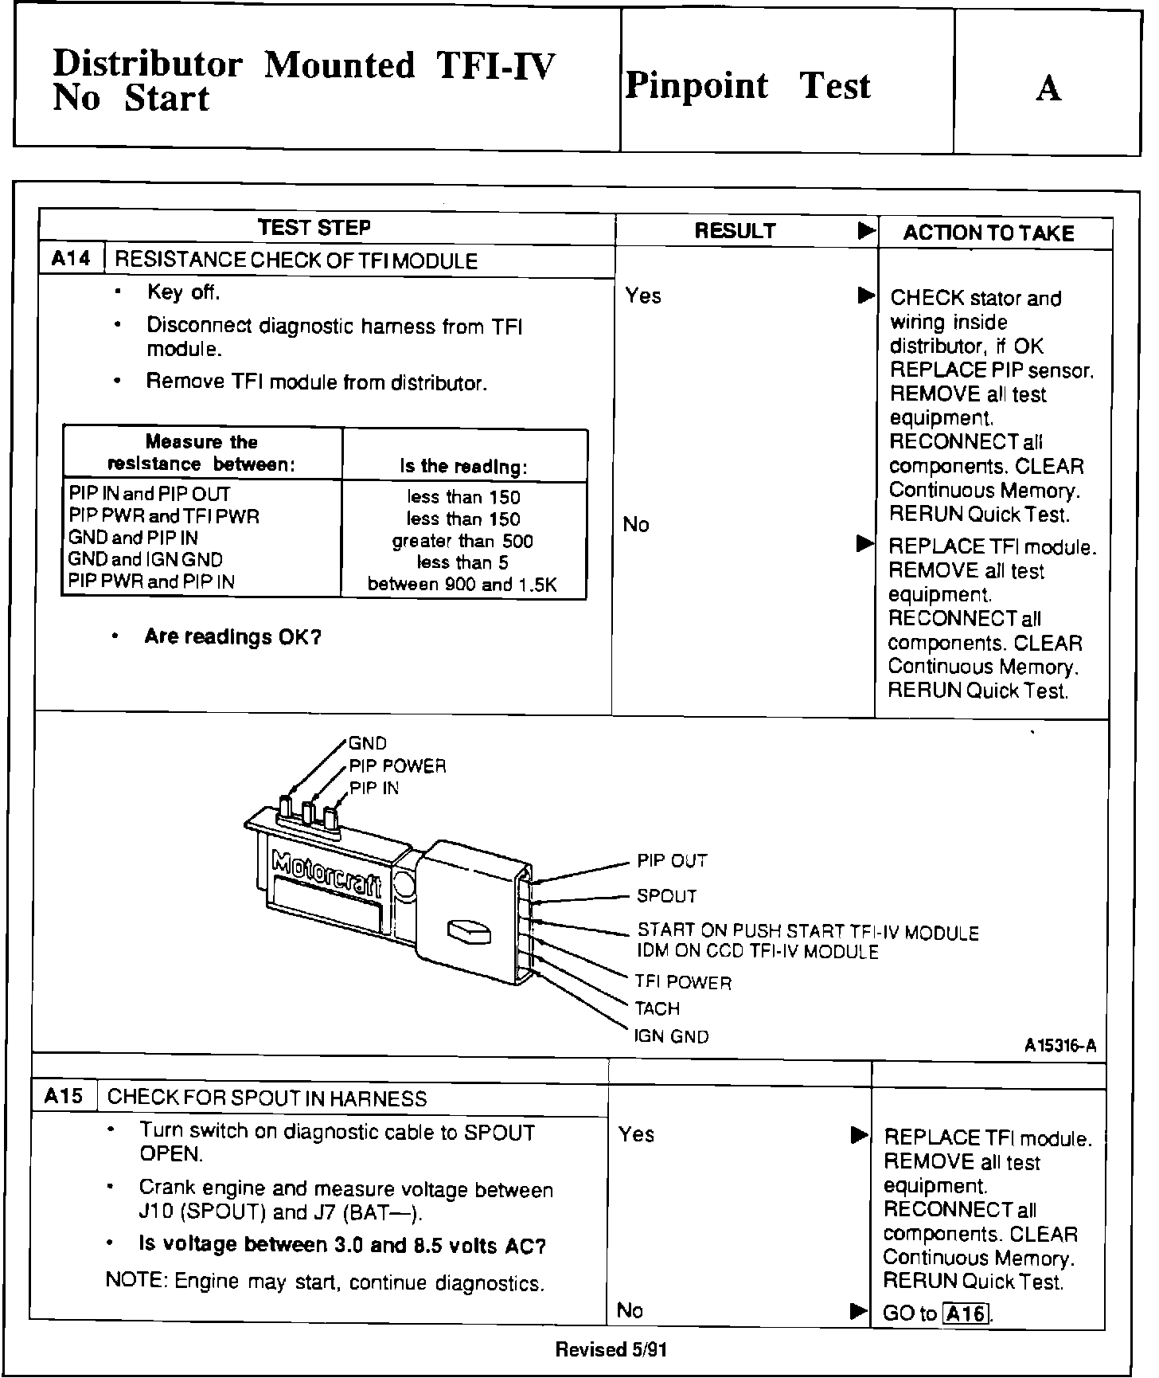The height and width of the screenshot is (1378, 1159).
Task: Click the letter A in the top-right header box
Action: [x=1048, y=88]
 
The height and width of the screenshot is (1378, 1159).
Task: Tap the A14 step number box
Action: [x=71, y=259]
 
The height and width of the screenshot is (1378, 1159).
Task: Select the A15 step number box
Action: [x=64, y=1097]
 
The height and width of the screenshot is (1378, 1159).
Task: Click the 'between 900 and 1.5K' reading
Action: [x=462, y=585]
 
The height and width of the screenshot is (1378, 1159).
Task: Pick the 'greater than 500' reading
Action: [x=462, y=542]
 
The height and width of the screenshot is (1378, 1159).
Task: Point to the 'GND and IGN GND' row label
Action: [x=145, y=560]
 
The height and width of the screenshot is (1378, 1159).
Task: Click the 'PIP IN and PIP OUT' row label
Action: [x=149, y=494]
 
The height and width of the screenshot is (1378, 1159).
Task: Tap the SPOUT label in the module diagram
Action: [x=666, y=897]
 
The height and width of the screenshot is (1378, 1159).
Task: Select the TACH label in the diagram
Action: [x=657, y=1009]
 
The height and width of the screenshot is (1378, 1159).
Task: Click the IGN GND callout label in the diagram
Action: [x=671, y=1037]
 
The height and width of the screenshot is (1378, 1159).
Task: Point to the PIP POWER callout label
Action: [x=397, y=766]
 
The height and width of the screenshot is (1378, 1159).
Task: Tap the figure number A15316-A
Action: [x=1060, y=1046]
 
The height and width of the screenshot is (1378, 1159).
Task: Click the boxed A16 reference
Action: [x=965, y=1313]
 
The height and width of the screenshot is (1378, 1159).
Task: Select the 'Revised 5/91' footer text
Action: [x=611, y=1349]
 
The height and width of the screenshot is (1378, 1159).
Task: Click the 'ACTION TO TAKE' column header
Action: [x=988, y=233]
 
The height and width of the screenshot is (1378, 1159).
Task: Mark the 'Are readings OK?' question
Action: [x=232, y=637]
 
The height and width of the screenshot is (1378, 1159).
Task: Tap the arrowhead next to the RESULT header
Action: [x=866, y=232]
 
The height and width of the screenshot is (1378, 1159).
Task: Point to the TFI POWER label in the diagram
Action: [x=682, y=983]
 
